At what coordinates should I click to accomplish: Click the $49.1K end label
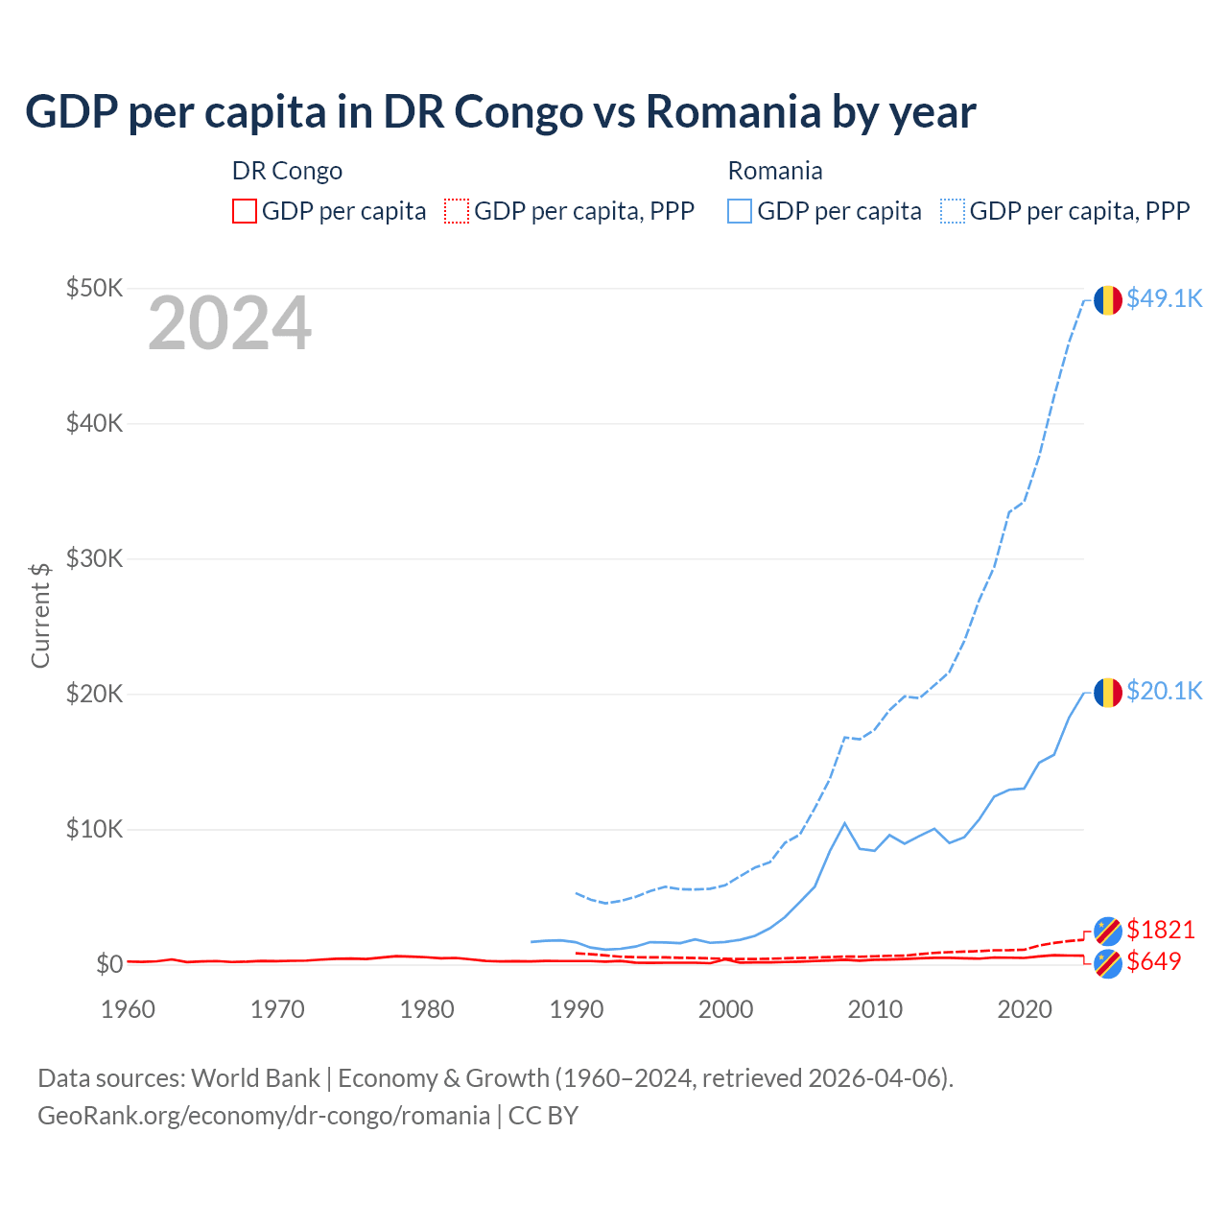[x=1164, y=298]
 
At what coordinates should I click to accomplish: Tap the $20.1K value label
[x=1164, y=691]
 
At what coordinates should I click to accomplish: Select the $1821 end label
[x=1160, y=930]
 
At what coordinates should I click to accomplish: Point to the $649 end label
[x=1153, y=961]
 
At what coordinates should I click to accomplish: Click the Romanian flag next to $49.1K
[x=1108, y=299]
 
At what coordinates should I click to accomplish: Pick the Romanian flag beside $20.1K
[x=1108, y=692]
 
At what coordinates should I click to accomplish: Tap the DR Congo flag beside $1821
[x=1108, y=931]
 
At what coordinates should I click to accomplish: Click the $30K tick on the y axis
[x=94, y=558]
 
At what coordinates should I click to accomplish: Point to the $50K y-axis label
[x=94, y=288]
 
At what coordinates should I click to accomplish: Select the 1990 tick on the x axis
[x=577, y=1009]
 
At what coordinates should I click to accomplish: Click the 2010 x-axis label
[x=875, y=1009]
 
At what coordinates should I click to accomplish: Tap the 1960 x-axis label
[x=129, y=1009]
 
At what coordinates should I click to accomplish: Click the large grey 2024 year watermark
[x=229, y=323]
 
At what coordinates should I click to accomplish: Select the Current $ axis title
[x=40, y=615]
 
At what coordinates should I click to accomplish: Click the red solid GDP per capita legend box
[x=245, y=211]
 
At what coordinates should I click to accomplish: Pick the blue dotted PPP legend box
[x=953, y=211]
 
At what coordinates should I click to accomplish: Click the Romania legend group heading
[x=775, y=171]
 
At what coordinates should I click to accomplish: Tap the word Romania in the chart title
[x=734, y=112]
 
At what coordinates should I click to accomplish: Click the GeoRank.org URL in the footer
[x=264, y=1116]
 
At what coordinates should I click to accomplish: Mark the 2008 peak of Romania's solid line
[x=844, y=822]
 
